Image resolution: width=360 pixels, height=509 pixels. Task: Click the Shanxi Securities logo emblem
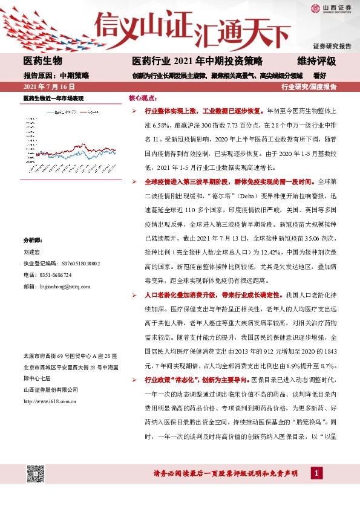pyautogui.click(x=315, y=8)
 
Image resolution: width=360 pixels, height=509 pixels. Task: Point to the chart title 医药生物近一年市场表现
pyautogui.click(x=53, y=98)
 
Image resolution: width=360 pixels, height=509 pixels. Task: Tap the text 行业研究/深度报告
pyautogui.click(x=309, y=87)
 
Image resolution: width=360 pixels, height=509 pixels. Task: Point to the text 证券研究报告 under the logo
pyautogui.click(x=332, y=46)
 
